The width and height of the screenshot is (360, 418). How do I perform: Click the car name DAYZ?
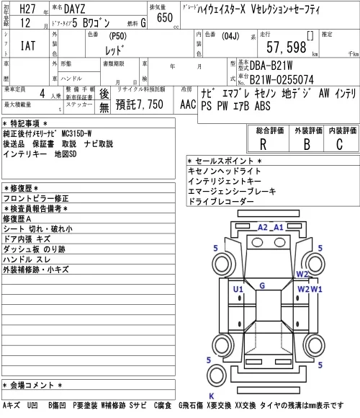click(75, 9)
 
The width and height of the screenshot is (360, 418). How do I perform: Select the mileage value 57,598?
click(287, 47)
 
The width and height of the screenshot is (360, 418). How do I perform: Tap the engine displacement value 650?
click(165, 17)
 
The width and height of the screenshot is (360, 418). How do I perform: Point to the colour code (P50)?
click(117, 36)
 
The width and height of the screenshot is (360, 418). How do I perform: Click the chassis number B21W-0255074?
click(282, 79)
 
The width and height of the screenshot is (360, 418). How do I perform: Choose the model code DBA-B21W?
click(271, 66)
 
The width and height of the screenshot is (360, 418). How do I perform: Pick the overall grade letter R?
click(263, 144)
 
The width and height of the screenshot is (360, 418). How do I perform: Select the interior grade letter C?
click(340, 144)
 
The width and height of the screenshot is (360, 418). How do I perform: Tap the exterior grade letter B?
click(307, 144)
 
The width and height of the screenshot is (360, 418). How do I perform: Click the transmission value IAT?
click(28, 45)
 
